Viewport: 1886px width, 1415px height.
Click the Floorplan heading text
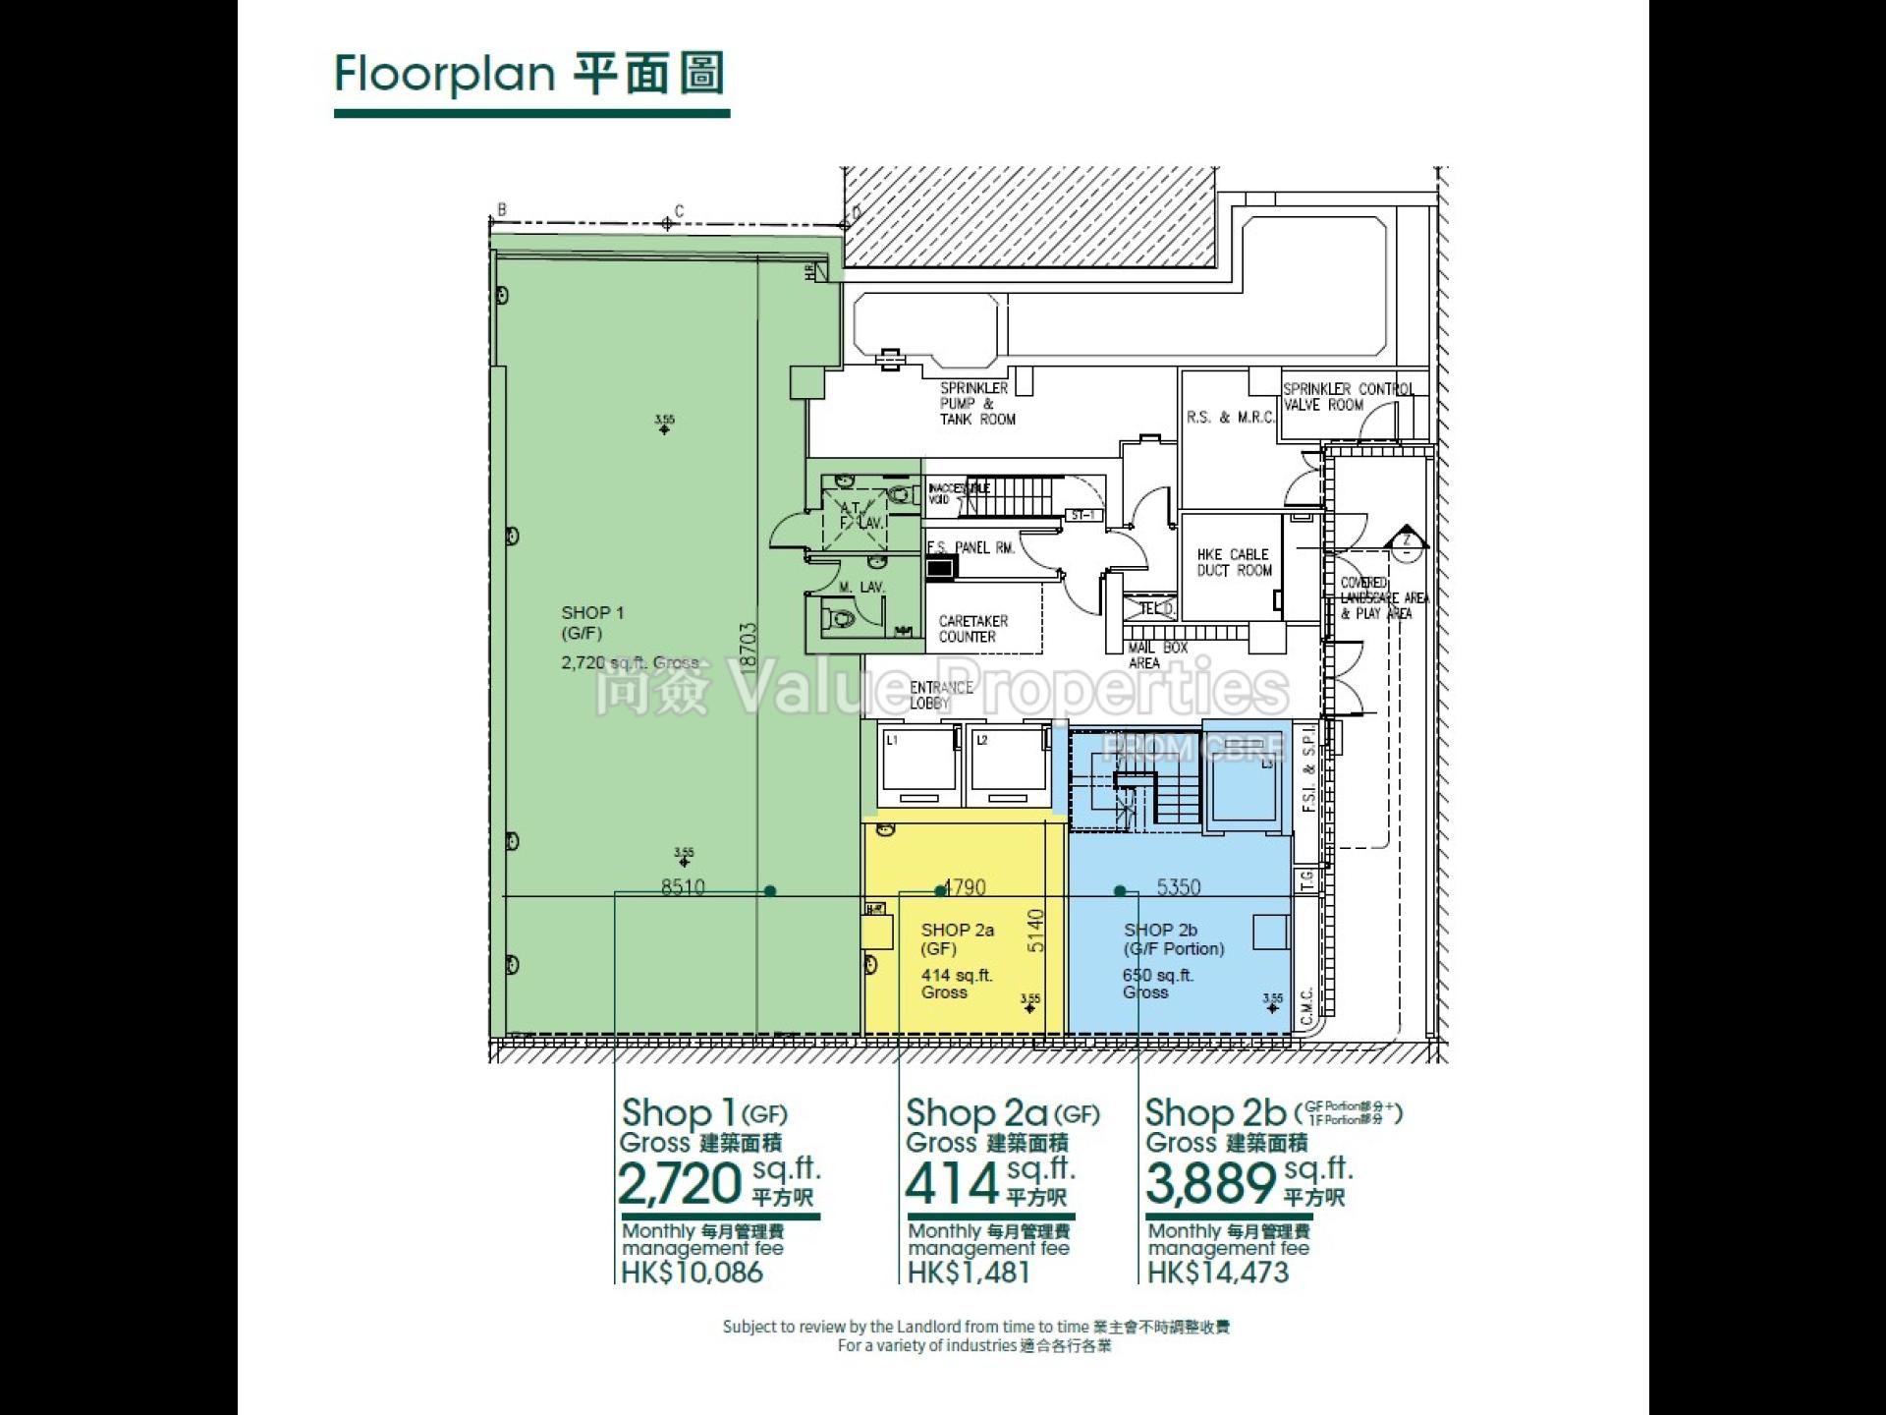[x=529, y=75]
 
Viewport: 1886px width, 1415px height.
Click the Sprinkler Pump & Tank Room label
[x=976, y=404]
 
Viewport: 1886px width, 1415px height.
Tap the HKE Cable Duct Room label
[x=1234, y=562]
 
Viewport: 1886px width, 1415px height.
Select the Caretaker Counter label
[x=972, y=629]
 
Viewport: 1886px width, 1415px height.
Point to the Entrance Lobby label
[x=940, y=695]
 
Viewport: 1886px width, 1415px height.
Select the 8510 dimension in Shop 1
[x=683, y=887]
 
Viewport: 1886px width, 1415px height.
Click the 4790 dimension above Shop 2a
[x=965, y=887]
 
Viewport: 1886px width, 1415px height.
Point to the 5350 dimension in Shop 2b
[x=1178, y=887]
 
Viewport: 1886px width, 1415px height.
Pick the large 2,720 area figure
[x=680, y=1184]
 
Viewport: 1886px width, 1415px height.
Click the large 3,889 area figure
[x=1210, y=1184]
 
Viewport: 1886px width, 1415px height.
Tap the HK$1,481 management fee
[x=969, y=1273]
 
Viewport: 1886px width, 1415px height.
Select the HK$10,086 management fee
[x=692, y=1273]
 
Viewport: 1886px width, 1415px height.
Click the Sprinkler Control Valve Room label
[x=1347, y=397]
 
